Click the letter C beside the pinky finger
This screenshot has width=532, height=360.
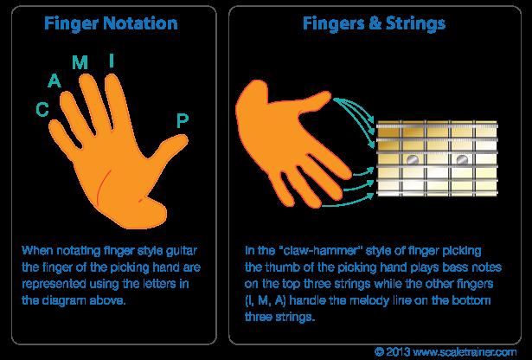point(41,109)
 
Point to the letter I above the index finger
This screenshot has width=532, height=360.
point(111,60)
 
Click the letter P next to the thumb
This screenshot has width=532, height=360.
point(182,121)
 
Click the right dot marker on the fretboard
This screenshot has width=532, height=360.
point(462,160)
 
